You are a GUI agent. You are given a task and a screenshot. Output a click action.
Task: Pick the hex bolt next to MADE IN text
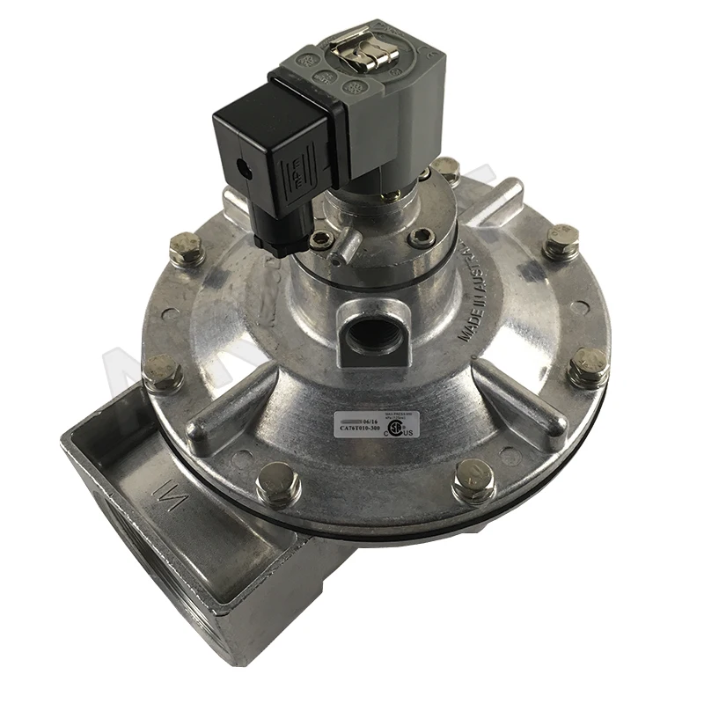coord(560,241)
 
